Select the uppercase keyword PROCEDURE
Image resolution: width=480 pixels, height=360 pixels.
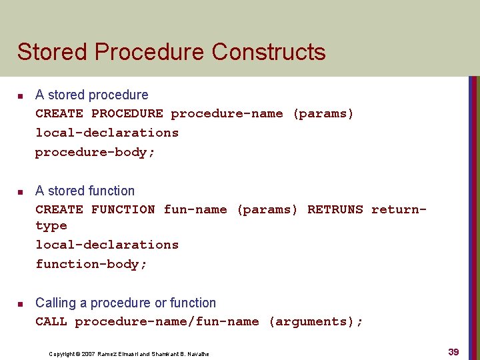[x=127, y=113]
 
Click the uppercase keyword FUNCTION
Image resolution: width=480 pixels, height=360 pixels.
[x=123, y=209]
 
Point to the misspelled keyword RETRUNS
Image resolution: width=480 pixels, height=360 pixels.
[x=335, y=209]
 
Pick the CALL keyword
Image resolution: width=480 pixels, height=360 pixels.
[x=51, y=321]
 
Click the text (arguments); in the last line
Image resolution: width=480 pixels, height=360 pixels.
[x=315, y=321]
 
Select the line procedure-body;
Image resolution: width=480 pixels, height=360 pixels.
[x=95, y=152]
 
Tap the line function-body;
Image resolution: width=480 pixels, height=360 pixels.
[x=91, y=264]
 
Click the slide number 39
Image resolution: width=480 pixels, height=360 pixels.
[x=453, y=351]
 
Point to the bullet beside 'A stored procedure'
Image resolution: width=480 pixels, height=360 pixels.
[x=20, y=96]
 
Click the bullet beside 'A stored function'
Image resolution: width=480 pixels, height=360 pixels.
[x=20, y=192]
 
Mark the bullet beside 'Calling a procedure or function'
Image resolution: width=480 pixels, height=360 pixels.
[x=20, y=304]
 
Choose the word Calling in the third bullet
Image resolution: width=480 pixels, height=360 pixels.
[x=55, y=303]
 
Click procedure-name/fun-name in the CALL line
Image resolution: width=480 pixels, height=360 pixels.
[x=167, y=321]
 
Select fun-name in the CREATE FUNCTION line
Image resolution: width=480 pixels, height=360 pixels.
[x=195, y=209]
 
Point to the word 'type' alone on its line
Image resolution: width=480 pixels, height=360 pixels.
[x=51, y=227]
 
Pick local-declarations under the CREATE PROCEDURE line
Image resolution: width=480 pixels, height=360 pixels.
[x=107, y=133]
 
